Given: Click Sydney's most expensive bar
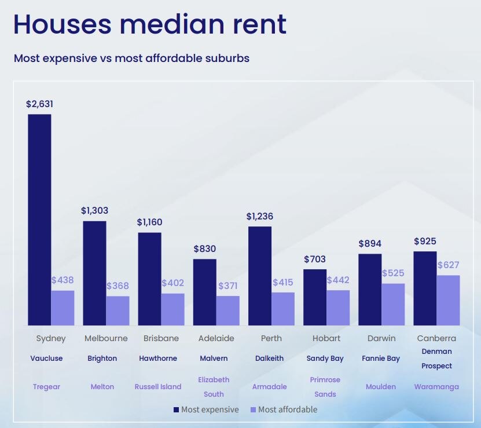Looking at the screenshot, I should [39, 220].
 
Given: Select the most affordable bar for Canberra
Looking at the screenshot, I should [448, 300].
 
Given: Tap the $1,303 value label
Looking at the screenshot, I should [94, 211].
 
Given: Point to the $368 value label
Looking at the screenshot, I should [118, 286].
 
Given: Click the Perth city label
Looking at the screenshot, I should [271, 338].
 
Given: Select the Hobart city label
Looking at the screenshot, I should [326, 338].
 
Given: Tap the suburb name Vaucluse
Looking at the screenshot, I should [46, 359].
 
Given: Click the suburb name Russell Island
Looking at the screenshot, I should [158, 387].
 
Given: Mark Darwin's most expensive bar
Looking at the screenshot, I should [370, 290].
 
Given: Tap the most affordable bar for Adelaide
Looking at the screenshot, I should [227, 310].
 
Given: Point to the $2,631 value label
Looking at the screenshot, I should [39, 104].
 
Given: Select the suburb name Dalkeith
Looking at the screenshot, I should [269, 359].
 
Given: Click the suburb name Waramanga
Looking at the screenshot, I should [436, 387].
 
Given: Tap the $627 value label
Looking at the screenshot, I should [449, 265].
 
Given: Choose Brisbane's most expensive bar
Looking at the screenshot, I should [149, 279].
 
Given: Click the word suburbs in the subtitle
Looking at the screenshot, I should [225, 58].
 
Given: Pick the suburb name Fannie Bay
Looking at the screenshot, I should [381, 359].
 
